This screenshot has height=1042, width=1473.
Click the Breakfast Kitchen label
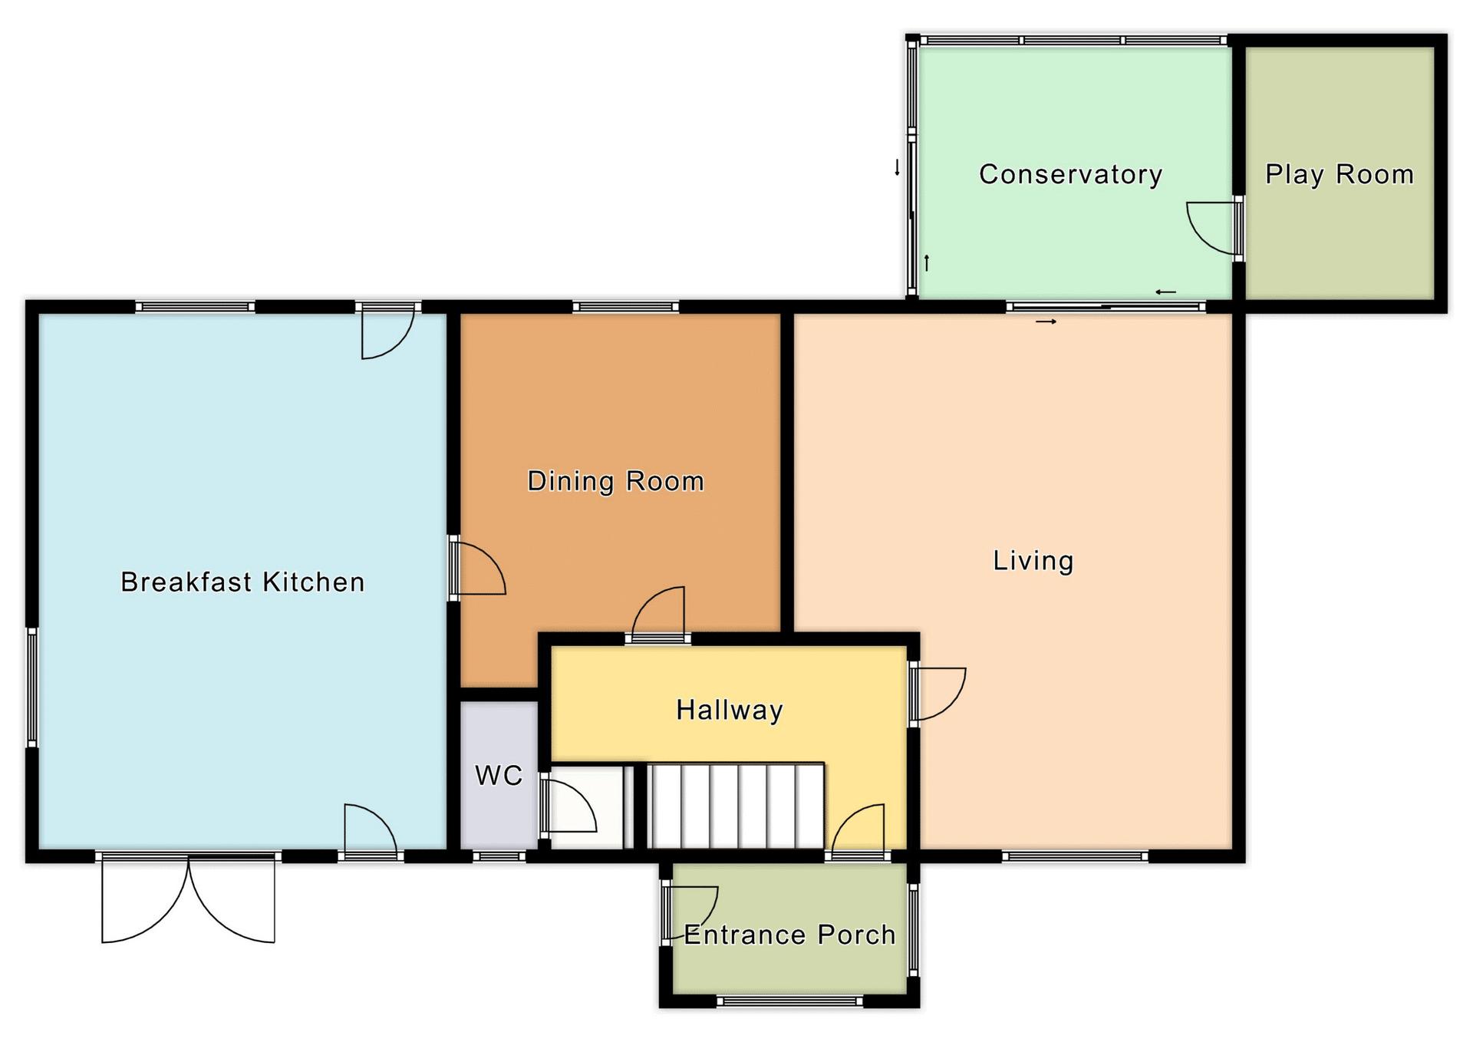pyautogui.click(x=242, y=582)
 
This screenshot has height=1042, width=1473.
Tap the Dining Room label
pyautogui.click(x=615, y=481)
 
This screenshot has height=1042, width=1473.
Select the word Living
pyautogui.click(x=1033, y=561)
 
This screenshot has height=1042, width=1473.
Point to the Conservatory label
pyautogui.click(x=1070, y=175)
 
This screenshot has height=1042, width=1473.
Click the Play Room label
pyautogui.click(x=1339, y=175)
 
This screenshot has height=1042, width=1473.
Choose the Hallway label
pyautogui.click(x=729, y=711)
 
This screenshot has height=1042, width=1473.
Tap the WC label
pyautogui.click(x=499, y=776)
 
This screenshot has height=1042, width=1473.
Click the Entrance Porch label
pyautogui.click(x=789, y=935)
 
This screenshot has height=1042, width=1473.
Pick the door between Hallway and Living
pyautogui.click(x=938, y=694)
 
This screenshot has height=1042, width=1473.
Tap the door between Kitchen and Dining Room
pyautogui.click(x=477, y=569)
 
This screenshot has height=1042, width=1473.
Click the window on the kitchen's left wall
pyautogui.click(x=32, y=687)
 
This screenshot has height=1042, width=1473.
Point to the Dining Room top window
pyautogui.click(x=626, y=307)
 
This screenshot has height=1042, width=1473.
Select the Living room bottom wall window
pyautogui.click(x=1075, y=856)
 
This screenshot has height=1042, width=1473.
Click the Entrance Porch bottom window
pyautogui.click(x=789, y=1001)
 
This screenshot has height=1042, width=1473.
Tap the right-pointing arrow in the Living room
pyautogui.click(x=1046, y=322)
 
